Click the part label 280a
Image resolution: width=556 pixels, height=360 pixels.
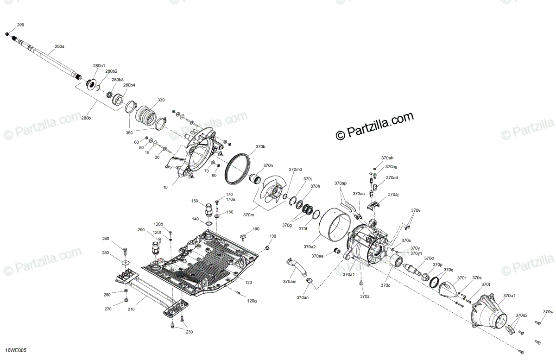pyautogui.click(x=59, y=47)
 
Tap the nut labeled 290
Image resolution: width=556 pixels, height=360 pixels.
pyautogui.click(x=7, y=34)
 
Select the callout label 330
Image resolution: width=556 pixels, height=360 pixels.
pyautogui.click(x=161, y=100)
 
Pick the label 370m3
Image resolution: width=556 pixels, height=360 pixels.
pyautogui.click(x=295, y=170)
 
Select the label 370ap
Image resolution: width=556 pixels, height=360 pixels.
pyautogui.click(x=340, y=183)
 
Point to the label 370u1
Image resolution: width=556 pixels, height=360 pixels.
pyautogui.click(x=509, y=296)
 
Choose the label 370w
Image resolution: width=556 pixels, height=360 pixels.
pyautogui.click(x=548, y=312)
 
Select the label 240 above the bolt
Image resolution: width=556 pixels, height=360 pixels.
pyautogui.click(x=106, y=239)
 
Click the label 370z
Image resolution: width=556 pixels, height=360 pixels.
pyautogui.click(x=365, y=296)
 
